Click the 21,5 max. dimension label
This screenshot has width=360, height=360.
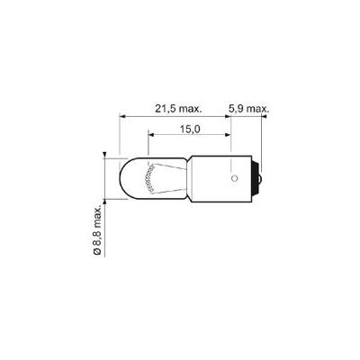tap(178, 109)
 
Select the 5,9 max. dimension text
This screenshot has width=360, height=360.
tap(248, 109)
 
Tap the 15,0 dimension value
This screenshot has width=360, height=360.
tap(190, 129)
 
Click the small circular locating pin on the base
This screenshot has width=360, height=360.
tap(235, 179)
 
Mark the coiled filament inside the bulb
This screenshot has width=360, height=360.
tap(149, 179)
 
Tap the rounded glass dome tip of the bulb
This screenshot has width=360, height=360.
tap(123, 179)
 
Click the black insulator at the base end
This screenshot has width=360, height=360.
tap(255, 179)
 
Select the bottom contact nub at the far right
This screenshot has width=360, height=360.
tap(261, 179)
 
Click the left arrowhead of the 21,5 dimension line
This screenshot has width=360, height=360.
tap(122, 116)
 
